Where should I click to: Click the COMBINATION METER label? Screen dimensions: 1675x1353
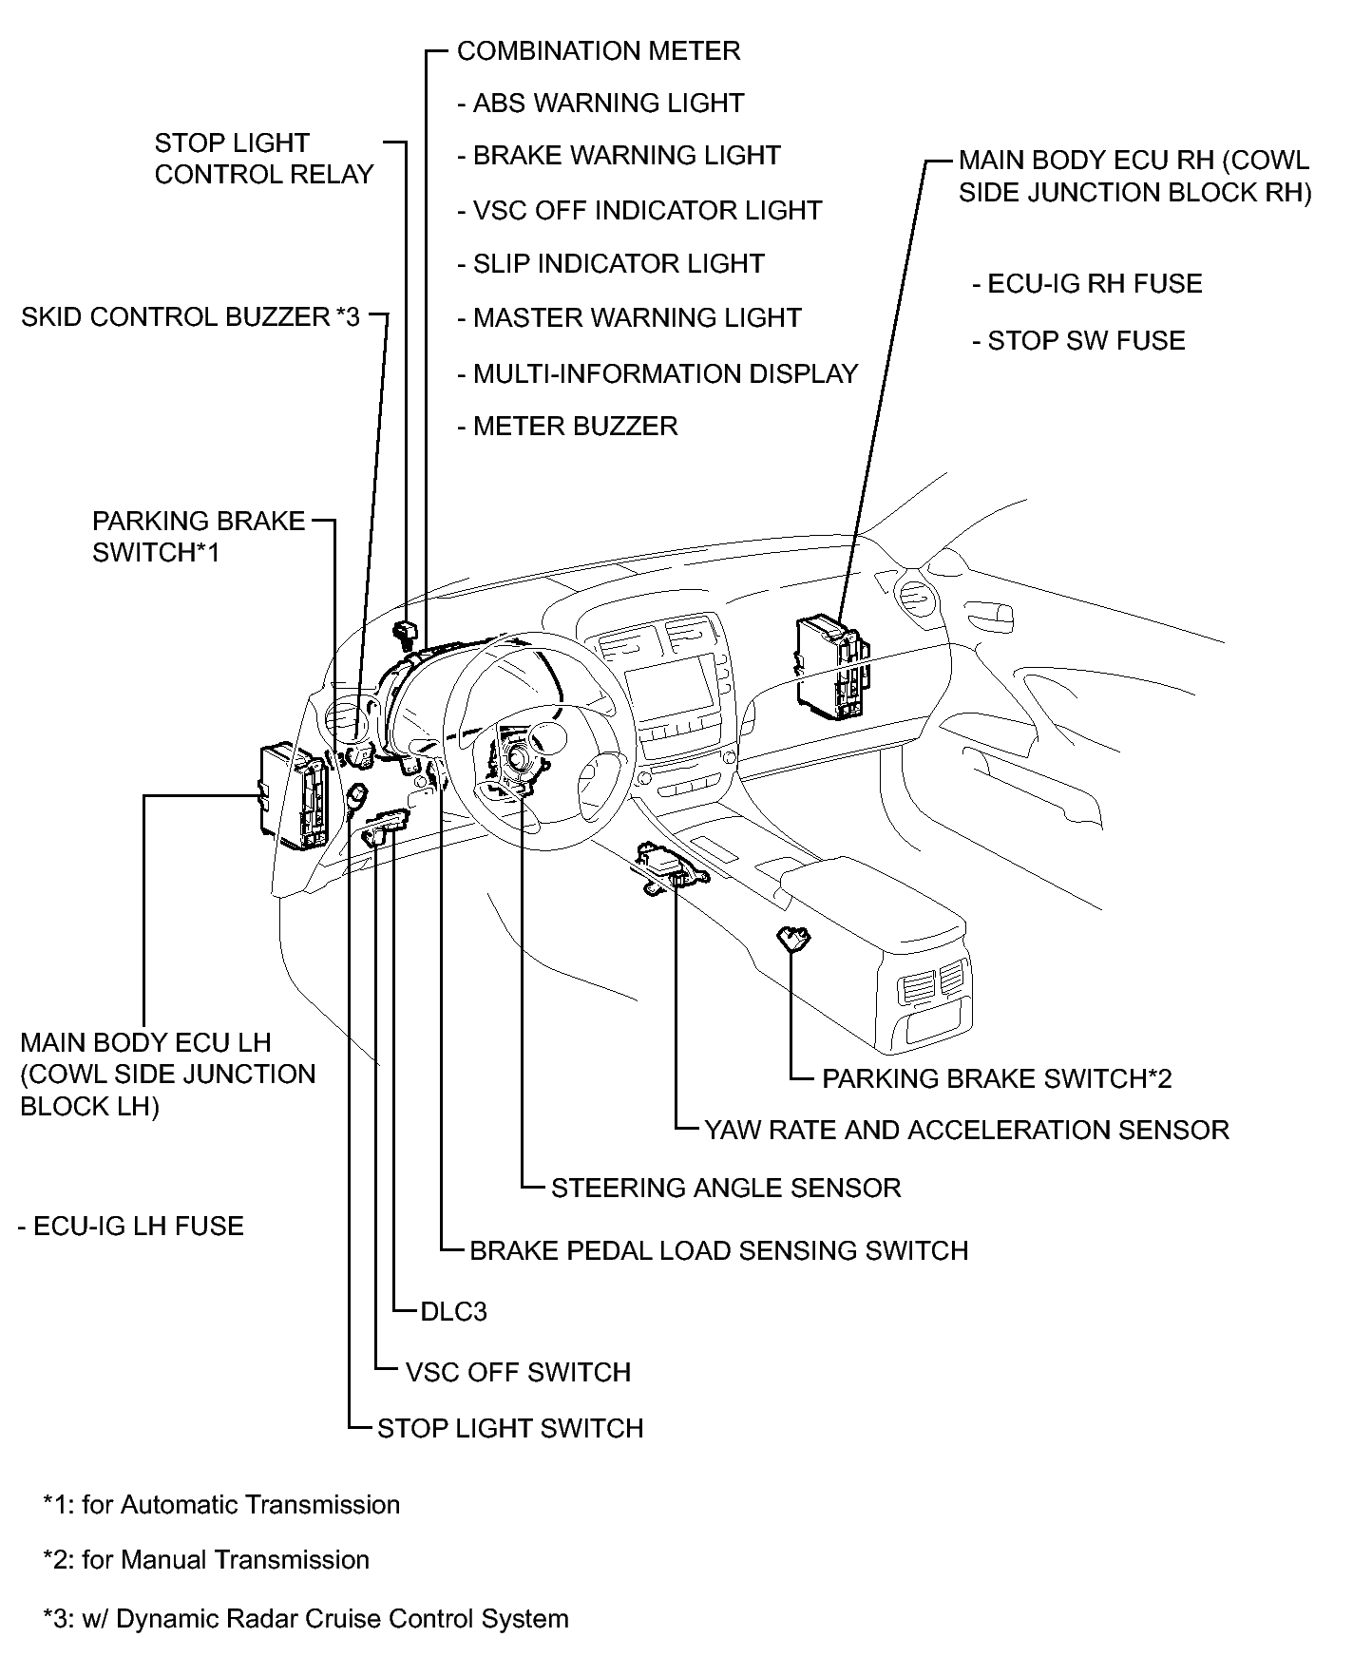click(598, 50)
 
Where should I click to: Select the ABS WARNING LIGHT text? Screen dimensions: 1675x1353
click(608, 103)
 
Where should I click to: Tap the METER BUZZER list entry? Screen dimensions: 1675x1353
click(575, 426)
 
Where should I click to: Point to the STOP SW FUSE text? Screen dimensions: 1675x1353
click(1086, 341)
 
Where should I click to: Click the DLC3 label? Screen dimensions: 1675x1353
click(453, 1311)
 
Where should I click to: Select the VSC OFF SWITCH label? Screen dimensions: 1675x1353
click(518, 1372)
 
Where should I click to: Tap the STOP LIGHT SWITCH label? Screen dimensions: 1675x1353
click(510, 1428)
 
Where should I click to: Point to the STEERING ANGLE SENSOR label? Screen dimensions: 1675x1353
click(726, 1188)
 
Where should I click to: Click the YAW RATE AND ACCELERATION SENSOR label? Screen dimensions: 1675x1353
click(966, 1130)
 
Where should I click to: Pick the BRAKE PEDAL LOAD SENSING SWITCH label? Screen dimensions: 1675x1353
click(719, 1249)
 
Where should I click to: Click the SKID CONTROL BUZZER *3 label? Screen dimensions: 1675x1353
click(190, 316)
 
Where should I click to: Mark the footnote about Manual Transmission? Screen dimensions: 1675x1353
click(206, 1559)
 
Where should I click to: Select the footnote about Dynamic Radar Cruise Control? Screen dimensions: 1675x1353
click(306, 1618)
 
